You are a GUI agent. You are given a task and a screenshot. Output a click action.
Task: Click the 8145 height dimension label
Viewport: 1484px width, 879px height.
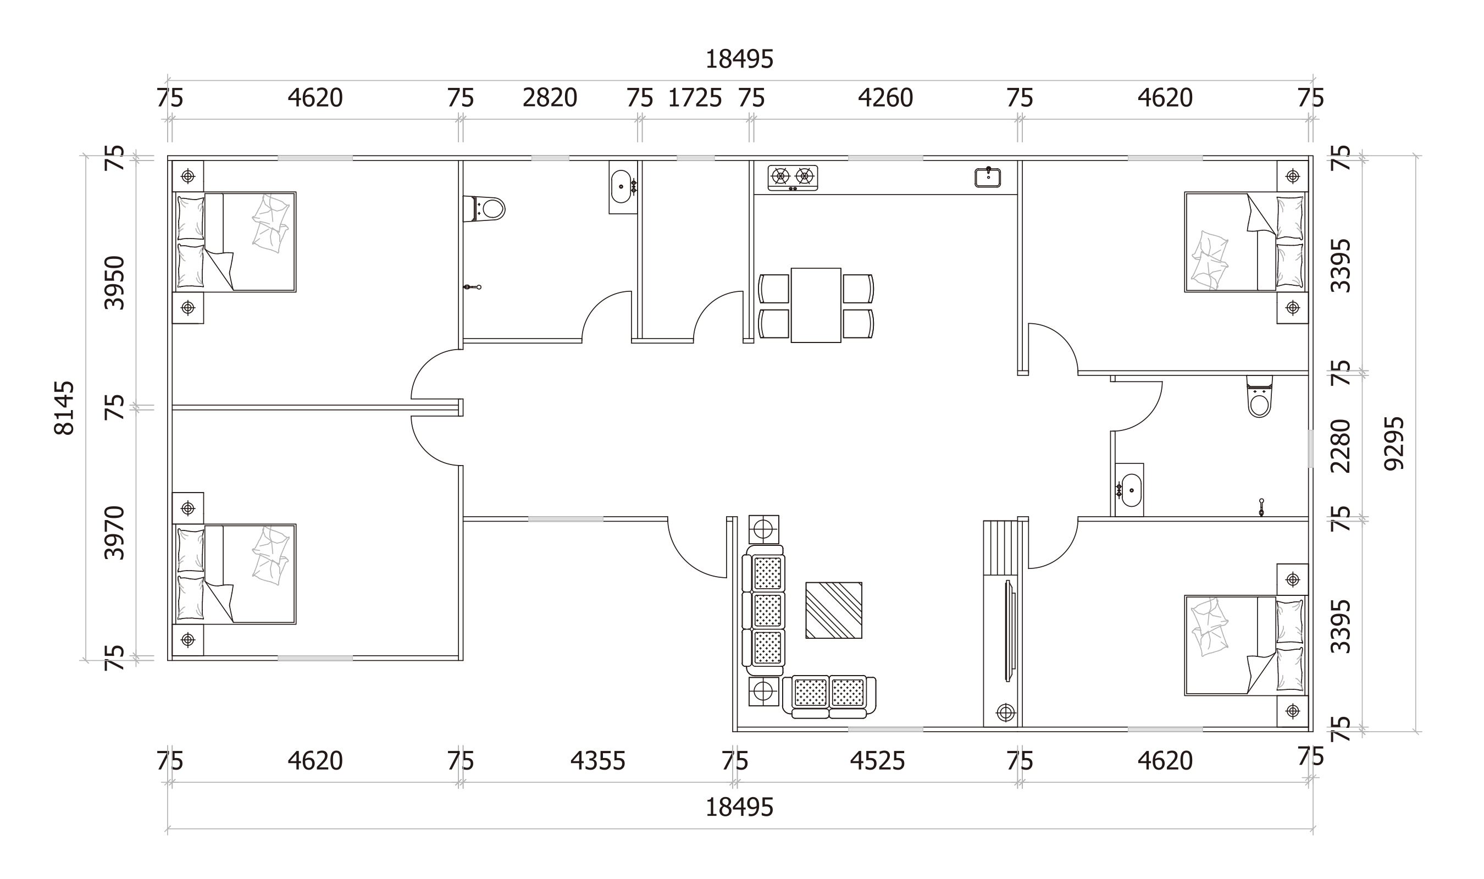64,408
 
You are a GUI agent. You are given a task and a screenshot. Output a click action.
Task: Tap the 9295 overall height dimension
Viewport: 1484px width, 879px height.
1393,444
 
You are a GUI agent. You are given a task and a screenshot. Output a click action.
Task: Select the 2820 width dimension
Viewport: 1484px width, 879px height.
550,98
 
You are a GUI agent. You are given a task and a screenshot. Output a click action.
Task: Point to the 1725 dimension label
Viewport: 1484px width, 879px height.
695,98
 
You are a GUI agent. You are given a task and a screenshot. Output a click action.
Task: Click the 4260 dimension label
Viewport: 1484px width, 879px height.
885,98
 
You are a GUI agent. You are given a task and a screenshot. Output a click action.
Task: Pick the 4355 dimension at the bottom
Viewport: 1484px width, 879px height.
597,761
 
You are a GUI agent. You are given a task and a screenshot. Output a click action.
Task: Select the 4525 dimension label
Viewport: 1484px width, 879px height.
877,761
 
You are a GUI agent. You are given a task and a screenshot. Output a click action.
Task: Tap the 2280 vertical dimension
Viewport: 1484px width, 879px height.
1341,446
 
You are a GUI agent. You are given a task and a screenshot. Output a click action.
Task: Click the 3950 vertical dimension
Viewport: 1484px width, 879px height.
114,283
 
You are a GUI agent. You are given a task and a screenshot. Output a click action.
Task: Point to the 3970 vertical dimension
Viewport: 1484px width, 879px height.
114,533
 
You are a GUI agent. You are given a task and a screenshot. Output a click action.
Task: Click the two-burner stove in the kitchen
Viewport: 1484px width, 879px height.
793,178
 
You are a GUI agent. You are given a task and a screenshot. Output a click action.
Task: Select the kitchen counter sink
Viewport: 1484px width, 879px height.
988,178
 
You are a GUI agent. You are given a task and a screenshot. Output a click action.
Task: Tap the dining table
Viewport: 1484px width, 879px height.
816,305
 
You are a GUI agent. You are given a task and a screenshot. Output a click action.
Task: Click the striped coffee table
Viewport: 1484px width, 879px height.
833,610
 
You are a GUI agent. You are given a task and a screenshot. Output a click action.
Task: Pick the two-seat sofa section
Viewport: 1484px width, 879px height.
829,696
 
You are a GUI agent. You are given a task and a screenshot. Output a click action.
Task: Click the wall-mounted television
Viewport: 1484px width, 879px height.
1009,631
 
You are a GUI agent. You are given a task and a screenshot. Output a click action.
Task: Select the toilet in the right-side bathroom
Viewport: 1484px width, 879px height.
1259,398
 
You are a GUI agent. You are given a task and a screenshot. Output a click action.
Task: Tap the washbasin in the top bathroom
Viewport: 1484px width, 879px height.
622,186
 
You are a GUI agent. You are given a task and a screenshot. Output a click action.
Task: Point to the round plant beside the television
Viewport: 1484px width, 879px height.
1005,712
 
